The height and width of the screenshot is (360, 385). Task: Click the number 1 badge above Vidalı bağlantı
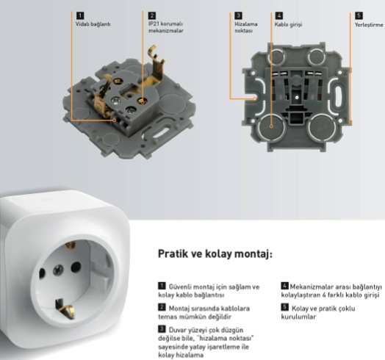[80, 15]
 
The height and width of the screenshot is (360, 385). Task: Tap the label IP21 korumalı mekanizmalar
[166, 27]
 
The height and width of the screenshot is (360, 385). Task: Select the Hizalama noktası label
[246, 27]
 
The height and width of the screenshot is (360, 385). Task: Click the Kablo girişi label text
[288, 24]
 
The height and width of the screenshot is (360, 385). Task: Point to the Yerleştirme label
[369, 25]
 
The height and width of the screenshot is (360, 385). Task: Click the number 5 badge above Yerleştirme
[359, 15]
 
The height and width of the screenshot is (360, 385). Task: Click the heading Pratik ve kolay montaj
[215, 254]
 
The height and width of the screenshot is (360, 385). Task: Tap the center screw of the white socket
[58, 270]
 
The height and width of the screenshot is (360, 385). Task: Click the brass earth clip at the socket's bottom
[65, 310]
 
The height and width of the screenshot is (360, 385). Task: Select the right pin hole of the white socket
[76, 267]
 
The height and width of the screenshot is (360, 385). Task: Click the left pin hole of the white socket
[42, 273]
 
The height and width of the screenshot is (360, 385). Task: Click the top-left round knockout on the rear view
[277, 57]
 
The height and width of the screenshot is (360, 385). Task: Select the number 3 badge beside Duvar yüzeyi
[162, 329]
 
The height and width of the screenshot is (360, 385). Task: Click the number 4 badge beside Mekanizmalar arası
[284, 286]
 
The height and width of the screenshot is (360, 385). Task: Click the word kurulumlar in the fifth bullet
[298, 317]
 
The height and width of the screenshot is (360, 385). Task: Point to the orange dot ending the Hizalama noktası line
[255, 98]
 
